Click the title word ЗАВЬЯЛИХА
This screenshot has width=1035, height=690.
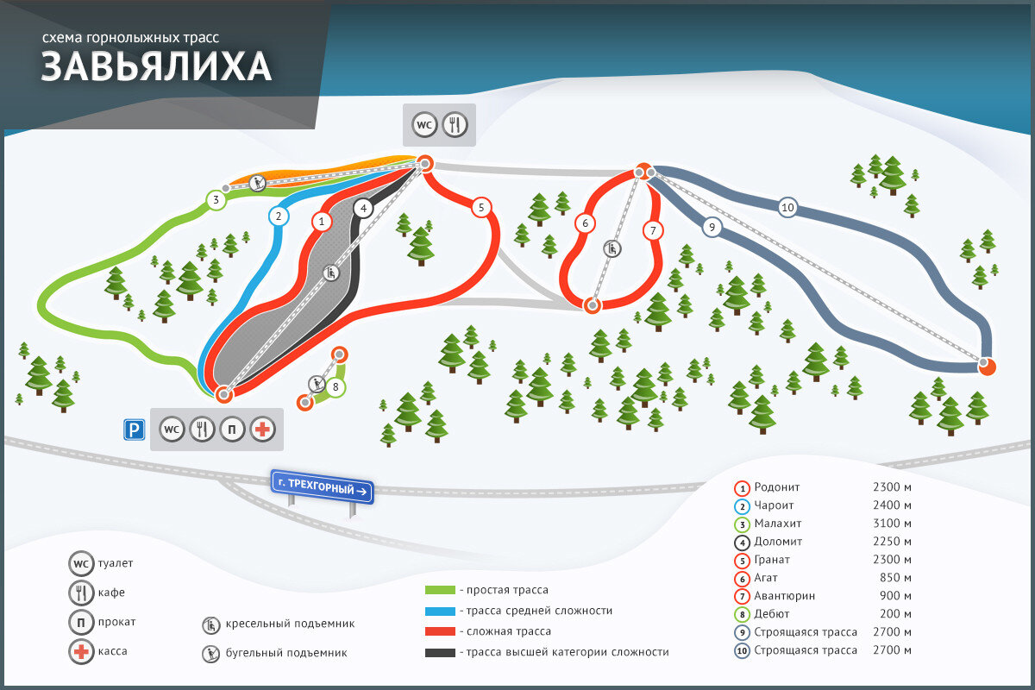point(156,67)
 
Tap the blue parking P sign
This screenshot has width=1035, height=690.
point(132,429)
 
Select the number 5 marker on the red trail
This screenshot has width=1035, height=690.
point(481,207)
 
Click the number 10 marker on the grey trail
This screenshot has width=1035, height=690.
point(787,207)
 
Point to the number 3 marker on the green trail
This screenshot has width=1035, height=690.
point(216,201)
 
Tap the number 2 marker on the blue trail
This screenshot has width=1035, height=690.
point(278,216)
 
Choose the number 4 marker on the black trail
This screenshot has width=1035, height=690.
point(364,208)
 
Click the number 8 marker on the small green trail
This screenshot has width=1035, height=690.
point(336,387)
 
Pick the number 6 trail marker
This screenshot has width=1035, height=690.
point(585,223)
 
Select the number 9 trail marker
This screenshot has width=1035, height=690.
point(712,228)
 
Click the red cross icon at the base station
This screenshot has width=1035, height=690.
point(262,429)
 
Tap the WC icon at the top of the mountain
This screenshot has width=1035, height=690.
point(423,124)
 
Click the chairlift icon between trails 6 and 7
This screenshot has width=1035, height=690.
point(612,249)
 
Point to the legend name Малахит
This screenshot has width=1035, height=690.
point(779,524)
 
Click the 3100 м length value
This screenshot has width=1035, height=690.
point(892,524)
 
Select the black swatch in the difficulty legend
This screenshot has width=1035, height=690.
point(440,653)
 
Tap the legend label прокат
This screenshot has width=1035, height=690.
point(116,622)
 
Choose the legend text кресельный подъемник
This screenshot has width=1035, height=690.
point(290,624)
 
